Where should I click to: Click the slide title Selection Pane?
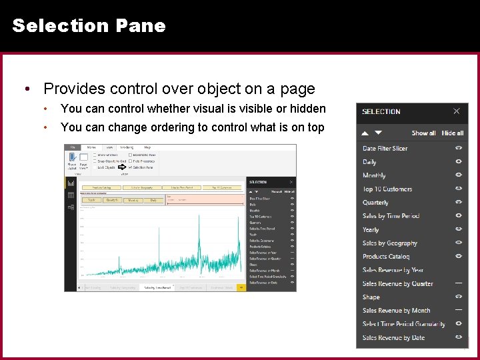pyautogui.click(x=89, y=26)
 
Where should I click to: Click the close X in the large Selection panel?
pyautogui.click(x=456, y=111)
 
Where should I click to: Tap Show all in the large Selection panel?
pyautogui.click(x=423, y=133)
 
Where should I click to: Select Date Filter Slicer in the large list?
pyautogui.click(x=385, y=149)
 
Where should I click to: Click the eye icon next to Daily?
pyautogui.click(x=459, y=162)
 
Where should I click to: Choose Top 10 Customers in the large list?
pyautogui.click(x=387, y=189)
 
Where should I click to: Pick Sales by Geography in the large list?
pyautogui.click(x=389, y=243)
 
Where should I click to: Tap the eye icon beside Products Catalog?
pyautogui.click(x=459, y=256)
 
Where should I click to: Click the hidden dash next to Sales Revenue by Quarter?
pyautogui.click(x=459, y=283)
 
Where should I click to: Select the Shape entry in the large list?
pyautogui.click(x=371, y=297)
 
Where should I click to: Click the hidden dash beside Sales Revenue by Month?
pyautogui.click(x=459, y=310)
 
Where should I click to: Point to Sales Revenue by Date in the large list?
pyautogui.click(x=393, y=338)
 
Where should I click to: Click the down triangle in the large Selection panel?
pyautogui.click(x=378, y=133)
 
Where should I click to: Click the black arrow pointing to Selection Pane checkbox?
pyautogui.click(x=122, y=167)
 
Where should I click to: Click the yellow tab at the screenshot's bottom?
pyautogui.click(x=241, y=288)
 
